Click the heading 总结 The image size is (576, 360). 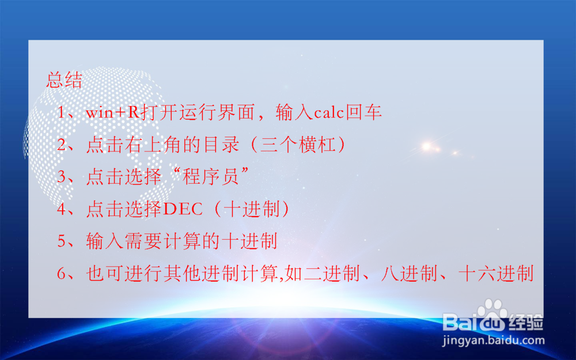pyautogui.click(x=64, y=80)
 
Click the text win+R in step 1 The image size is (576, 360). pyautogui.click(x=112, y=113)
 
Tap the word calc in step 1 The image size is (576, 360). pyautogui.click(x=328, y=113)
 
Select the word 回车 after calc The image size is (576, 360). pyautogui.click(x=363, y=113)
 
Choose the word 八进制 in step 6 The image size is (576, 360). pyautogui.click(x=409, y=274)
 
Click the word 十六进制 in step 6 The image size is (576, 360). pyautogui.click(x=495, y=274)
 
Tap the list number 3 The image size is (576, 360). pyautogui.click(x=62, y=177)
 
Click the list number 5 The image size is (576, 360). pyautogui.click(x=62, y=241)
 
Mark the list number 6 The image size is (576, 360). pyautogui.click(x=62, y=274)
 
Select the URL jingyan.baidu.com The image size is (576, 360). pyautogui.click(x=493, y=340)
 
